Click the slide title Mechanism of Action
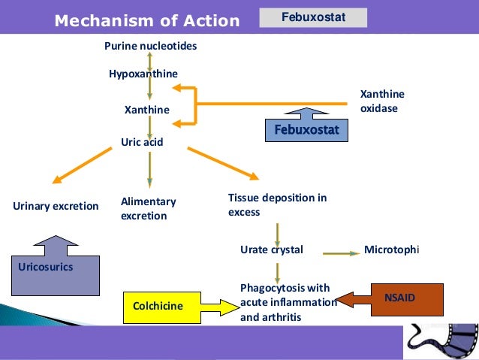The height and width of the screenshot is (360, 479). point(146,21)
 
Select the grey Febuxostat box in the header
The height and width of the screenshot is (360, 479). point(313,17)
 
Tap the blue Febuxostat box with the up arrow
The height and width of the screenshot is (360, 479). point(306,130)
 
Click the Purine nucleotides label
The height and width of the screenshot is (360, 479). point(150,47)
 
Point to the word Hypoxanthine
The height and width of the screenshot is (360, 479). point(143,74)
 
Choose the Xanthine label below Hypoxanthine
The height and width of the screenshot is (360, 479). point(146,110)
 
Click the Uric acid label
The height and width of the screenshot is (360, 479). point(142,141)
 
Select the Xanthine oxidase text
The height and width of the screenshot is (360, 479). point(382,101)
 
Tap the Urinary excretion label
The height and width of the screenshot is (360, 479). point(56,206)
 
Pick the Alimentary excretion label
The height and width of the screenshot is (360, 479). point(148,209)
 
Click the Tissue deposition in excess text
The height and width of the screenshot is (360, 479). point(277,204)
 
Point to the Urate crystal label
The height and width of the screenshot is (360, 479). point(272,250)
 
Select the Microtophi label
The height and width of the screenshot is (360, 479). point(391,250)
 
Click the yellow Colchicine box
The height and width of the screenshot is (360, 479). point(158,306)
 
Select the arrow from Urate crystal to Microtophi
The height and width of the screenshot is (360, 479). point(342,253)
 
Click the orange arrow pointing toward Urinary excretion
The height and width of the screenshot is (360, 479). point(83,165)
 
